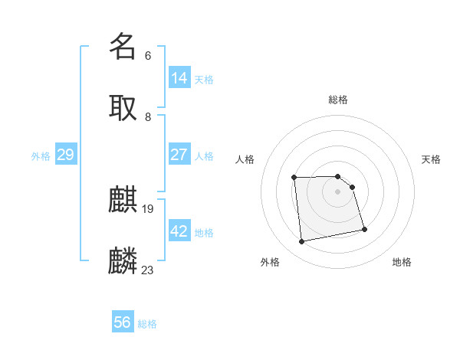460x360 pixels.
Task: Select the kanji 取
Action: (123, 107)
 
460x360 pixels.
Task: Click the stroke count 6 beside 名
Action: (147, 55)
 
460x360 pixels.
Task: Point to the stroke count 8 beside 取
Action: (147, 116)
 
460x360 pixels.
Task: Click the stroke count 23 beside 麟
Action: (148, 270)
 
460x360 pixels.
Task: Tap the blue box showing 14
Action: (179, 78)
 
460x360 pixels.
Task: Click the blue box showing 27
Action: (179, 155)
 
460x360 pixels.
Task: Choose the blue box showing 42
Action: (179, 231)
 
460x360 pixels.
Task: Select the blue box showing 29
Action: (65, 155)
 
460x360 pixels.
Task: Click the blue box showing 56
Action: (123, 322)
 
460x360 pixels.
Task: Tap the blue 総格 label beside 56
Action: (147, 324)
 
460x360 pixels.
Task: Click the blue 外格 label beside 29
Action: (41, 156)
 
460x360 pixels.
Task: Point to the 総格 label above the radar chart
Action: (338, 100)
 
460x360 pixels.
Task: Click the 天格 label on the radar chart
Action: (431, 159)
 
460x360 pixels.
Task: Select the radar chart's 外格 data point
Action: (302, 242)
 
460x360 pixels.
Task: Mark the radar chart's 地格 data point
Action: (364, 229)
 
